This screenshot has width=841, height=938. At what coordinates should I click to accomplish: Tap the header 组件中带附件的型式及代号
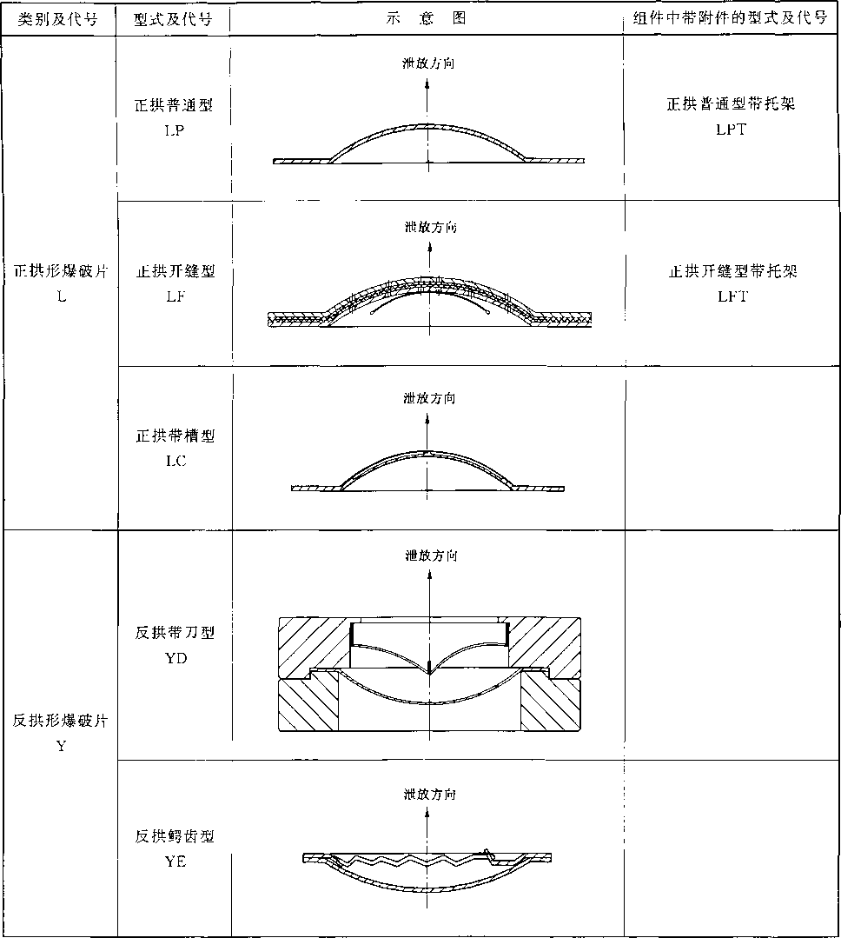click(x=731, y=18)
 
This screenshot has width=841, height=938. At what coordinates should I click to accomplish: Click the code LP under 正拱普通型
click(x=175, y=130)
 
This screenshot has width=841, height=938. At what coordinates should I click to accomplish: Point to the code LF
click(x=175, y=296)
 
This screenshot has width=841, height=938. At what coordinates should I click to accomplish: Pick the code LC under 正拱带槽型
click(x=175, y=461)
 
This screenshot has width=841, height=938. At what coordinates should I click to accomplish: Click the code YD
click(x=175, y=658)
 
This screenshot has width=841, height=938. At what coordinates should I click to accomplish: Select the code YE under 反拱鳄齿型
click(x=175, y=861)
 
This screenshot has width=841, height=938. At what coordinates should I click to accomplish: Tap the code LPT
click(x=731, y=130)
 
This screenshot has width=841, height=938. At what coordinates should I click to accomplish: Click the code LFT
click(x=732, y=296)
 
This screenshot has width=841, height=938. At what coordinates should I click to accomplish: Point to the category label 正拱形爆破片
click(x=61, y=271)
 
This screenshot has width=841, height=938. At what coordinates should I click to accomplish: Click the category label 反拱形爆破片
click(x=60, y=721)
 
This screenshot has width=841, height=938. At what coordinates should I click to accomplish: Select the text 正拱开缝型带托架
click(x=732, y=271)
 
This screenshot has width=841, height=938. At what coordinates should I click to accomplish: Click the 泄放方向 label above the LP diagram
click(x=428, y=63)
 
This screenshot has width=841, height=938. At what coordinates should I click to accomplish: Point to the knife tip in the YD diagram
click(x=429, y=673)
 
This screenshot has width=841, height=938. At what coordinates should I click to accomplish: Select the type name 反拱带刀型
click(x=175, y=633)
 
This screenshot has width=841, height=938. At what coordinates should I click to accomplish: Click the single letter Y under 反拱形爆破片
click(x=61, y=746)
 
